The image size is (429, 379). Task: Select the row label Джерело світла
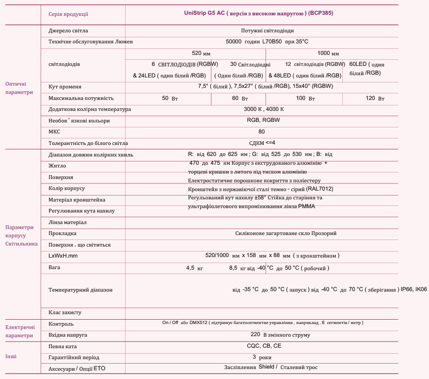68,31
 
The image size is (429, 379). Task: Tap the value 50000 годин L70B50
267,41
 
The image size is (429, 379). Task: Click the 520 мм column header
201,53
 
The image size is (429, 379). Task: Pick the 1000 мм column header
328,53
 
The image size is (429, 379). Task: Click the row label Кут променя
65,87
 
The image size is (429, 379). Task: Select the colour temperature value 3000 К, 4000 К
264,109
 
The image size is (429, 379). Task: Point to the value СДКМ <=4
262,143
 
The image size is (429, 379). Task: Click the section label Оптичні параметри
19,88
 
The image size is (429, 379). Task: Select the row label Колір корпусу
66,188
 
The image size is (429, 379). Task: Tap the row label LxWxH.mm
63,256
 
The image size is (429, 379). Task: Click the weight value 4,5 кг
195,268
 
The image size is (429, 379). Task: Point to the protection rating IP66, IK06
414,289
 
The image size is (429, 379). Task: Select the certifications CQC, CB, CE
264,347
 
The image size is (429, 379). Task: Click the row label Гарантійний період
74,357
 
